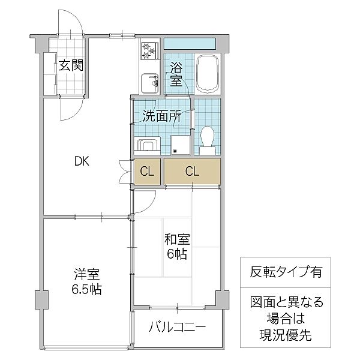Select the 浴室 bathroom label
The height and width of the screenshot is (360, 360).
coord(176,74)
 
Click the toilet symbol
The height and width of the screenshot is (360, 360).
coord(208,137)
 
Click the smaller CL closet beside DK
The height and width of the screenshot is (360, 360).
coord(146,172)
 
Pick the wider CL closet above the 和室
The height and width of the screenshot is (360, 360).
coord(191,172)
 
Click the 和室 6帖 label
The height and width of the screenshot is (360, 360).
coord(177,247)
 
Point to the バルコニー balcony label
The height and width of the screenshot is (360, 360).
coord(177,328)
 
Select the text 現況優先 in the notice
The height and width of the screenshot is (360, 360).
coord(284,336)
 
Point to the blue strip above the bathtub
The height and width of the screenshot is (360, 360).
coord(190,44)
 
